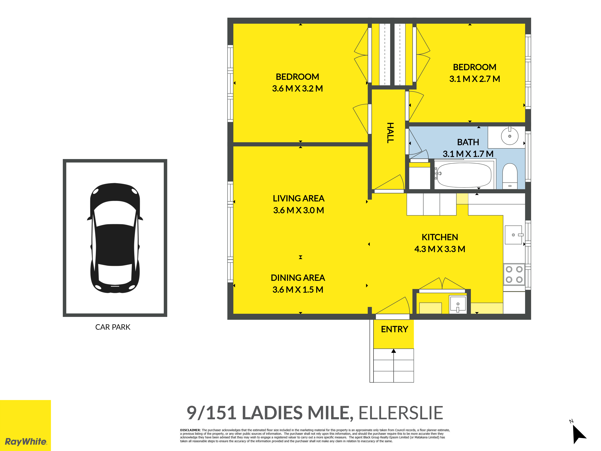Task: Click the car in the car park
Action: pyautogui.click(x=115, y=238)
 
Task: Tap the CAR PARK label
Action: pyautogui.click(x=113, y=327)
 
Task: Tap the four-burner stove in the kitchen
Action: pyautogui.click(x=514, y=274)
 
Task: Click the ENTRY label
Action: pyautogui.click(x=395, y=329)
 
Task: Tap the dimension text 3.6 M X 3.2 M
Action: pyautogui.click(x=297, y=89)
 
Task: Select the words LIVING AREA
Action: pyautogui.click(x=299, y=198)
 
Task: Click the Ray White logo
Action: pyautogui.click(x=26, y=425)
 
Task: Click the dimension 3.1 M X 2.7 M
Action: pyautogui.click(x=475, y=79)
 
